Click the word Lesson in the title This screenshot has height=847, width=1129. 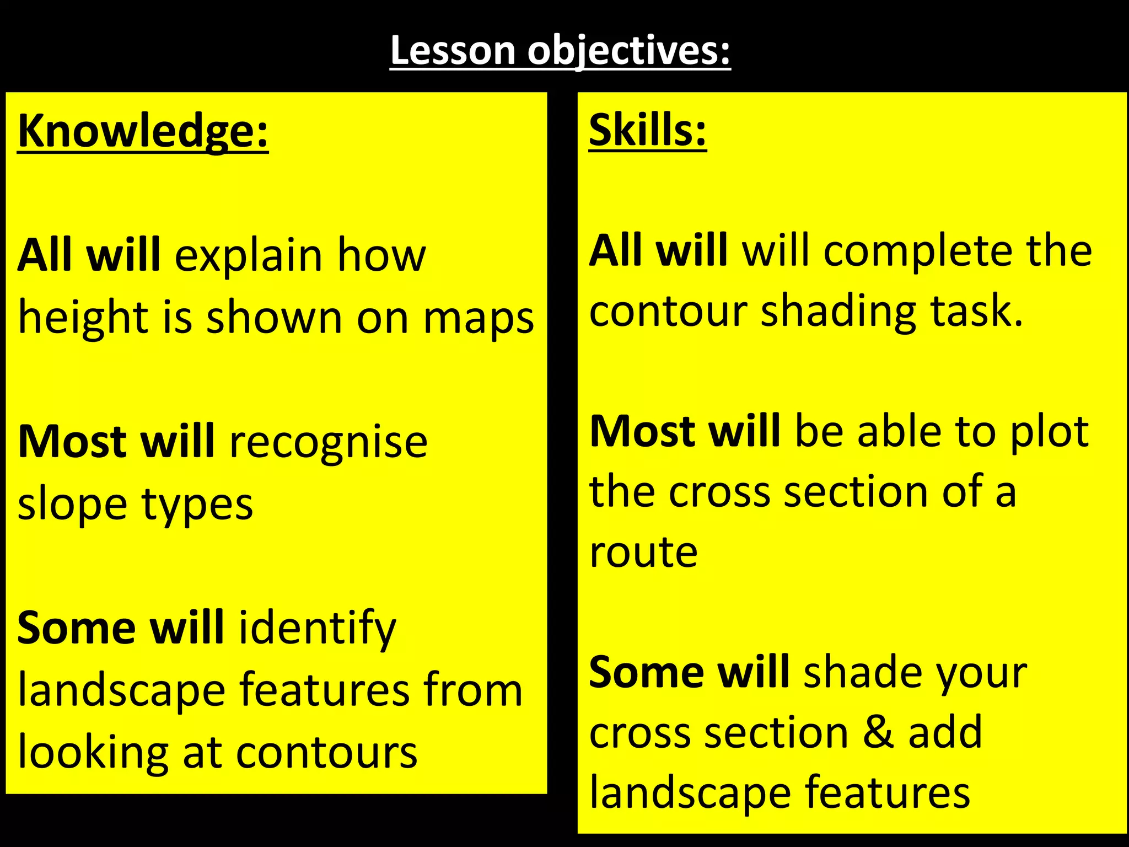point(453,51)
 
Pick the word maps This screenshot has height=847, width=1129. point(479,319)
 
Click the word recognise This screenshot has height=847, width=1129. point(328,442)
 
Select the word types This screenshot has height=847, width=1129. point(197,505)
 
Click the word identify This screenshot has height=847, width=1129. point(317,629)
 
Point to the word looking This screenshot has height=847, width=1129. point(93,753)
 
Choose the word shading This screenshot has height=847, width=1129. point(838,312)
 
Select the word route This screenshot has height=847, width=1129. point(643,552)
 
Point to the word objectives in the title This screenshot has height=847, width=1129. point(628,51)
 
